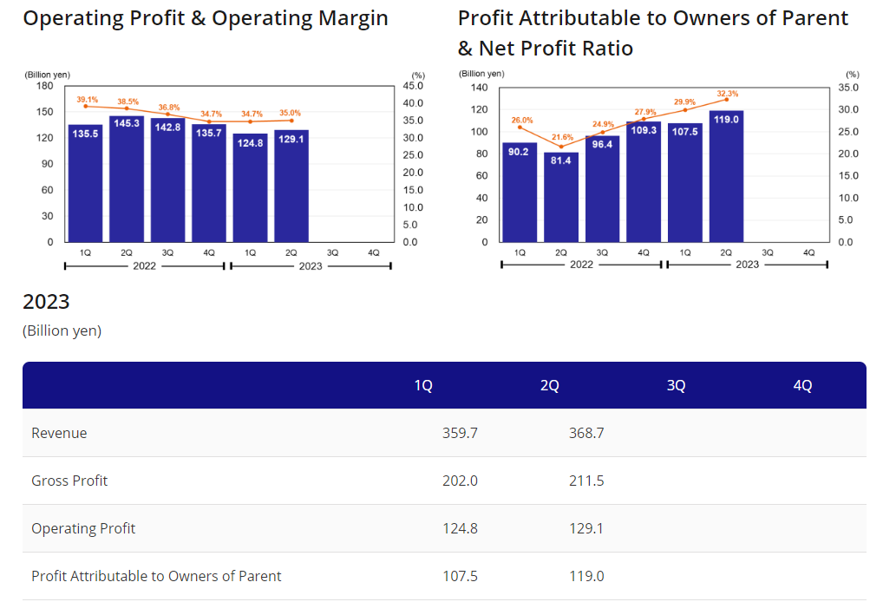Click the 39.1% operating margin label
point(87,100)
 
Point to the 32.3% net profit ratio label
point(728,93)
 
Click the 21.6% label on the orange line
point(562,137)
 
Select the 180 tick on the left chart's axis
point(45,86)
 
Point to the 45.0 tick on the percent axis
point(413,86)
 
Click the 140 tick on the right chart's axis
point(479,88)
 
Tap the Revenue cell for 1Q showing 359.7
point(460,433)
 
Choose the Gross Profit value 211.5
point(586,481)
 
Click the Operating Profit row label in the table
point(83,528)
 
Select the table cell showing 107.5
point(460,576)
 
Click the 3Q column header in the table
point(676,386)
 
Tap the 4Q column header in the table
point(802,386)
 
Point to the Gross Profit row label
point(69,481)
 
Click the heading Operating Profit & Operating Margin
point(206,18)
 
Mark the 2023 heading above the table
point(46,302)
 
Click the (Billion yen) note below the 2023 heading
point(62,330)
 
